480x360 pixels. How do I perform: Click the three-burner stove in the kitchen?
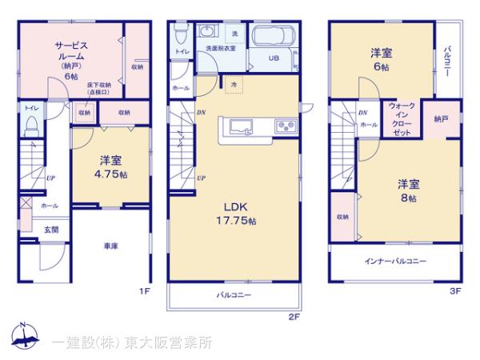[x=285, y=126]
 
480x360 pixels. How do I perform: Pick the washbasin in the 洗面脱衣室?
[x=208, y=33]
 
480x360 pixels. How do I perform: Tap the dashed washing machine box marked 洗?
[x=235, y=34]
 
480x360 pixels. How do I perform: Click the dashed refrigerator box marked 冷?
[x=234, y=84]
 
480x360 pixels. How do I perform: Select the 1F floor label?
[x=144, y=291]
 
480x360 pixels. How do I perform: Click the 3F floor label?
[x=454, y=291]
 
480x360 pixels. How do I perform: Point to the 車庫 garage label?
[x=111, y=246]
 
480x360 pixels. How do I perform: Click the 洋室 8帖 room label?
[x=408, y=191]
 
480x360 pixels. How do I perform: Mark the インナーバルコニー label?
[x=396, y=262]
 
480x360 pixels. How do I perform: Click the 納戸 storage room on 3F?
[x=442, y=118]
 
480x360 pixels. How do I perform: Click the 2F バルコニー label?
[x=234, y=295]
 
